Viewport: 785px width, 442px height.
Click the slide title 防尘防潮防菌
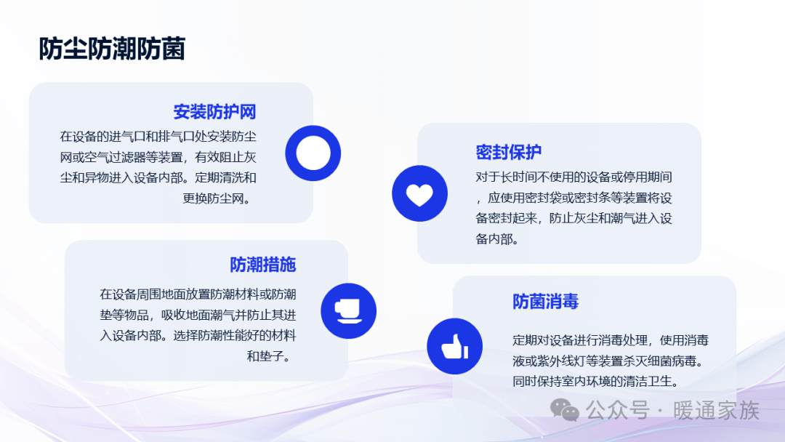pos(112,49)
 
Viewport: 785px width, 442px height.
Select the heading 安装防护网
pos(214,112)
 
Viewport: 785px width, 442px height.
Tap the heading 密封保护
pos(508,152)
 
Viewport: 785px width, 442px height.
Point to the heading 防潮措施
pos(263,265)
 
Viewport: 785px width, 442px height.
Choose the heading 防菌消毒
pos(545,302)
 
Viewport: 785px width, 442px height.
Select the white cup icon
pos(348,311)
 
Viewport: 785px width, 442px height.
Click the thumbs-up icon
pos(454,346)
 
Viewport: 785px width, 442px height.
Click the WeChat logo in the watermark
pos(565,410)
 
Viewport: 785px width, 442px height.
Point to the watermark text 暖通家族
pos(716,411)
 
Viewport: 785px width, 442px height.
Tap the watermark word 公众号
pos(618,411)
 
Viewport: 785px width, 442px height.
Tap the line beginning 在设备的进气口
pos(158,137)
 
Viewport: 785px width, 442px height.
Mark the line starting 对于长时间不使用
pos(573,177)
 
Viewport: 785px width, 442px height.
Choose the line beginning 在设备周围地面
pos(198,294)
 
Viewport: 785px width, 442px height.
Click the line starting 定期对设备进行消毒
pos(611,340)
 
